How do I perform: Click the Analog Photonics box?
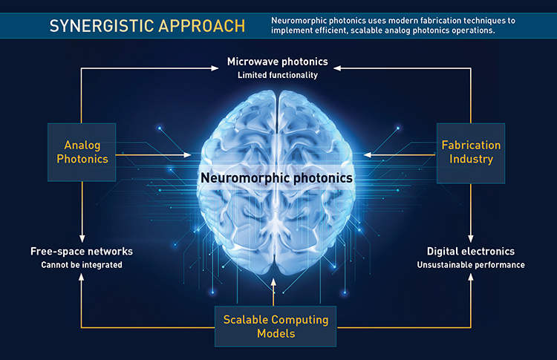[x=82, y=152]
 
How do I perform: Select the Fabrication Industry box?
[x=471, y=153]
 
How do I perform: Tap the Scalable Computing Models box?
[x=276, y=327]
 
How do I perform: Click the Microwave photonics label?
[x=278, y=62]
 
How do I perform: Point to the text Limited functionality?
[x=278, y=75]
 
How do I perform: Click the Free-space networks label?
[x=82, y=252]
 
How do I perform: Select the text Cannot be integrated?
[x=82, y=265]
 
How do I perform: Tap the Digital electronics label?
[x=471, y=252]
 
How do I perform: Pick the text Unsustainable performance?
[x=471, y=265]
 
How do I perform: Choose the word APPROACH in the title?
[x=202, y=26]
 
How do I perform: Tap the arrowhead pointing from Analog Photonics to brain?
[x=187, y=155]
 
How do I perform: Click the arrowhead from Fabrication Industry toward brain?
[x=368, y=155]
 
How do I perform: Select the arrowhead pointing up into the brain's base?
[x=273, y=282]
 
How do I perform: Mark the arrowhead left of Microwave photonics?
[x=215, y=68]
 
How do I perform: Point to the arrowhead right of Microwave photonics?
[x=337, y=68]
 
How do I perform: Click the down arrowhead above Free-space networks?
[x=82, y=238]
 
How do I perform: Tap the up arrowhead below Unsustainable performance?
[x=471, y=278]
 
